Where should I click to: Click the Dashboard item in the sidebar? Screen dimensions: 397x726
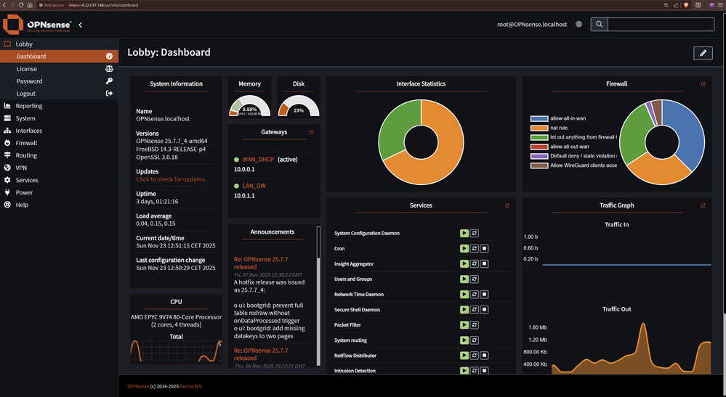(31, 57)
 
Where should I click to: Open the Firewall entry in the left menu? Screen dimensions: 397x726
(26, 143)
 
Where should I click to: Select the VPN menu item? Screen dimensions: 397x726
(21, 168)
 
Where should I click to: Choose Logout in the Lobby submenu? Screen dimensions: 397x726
(26, 94)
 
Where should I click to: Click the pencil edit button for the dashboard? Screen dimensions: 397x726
(702, 53)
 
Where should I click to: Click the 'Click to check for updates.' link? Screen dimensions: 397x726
(171, 179)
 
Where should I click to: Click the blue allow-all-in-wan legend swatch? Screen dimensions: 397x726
(539, 118)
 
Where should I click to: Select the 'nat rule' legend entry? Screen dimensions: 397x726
(559, 128)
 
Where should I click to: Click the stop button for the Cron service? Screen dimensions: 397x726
(485, 248)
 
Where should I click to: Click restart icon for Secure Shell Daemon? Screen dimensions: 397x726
(475, 310)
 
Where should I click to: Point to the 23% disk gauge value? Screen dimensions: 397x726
(299, 110)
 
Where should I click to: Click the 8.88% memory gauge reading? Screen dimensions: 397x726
(249, 110)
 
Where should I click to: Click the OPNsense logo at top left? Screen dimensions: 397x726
(37, 25)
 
